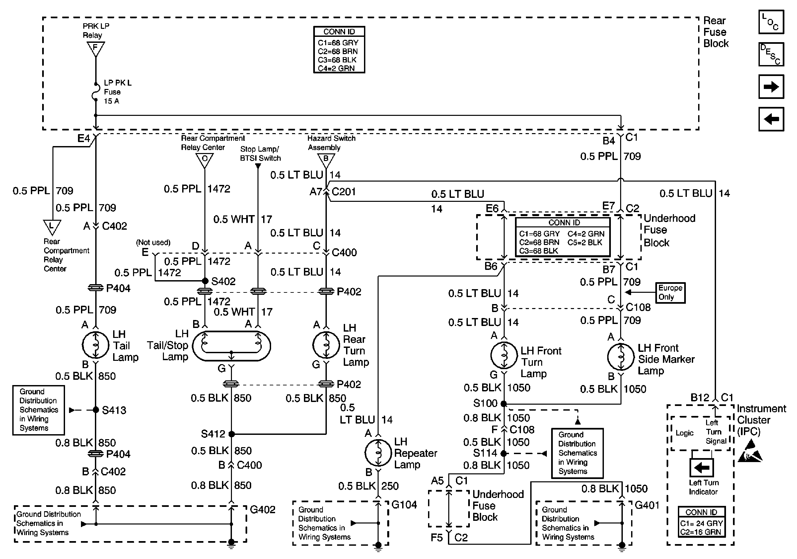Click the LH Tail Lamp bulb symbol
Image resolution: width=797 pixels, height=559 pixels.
(x=96, y=345)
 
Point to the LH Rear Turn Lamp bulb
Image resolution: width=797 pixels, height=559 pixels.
(x=326, y=345)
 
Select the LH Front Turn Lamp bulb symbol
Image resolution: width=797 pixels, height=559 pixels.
(x=504, y=356)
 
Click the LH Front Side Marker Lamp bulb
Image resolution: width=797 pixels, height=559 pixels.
(x=621, y=357)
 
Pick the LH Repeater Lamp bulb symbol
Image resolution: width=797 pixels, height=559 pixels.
(x=378, y=453)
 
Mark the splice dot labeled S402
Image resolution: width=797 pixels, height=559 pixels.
(x=205, y=280)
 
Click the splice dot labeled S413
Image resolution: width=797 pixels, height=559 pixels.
(x=96, y=410)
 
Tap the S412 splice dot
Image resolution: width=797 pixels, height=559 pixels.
(x=232, y=434)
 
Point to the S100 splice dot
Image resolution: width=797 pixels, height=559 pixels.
(x=504, y=403)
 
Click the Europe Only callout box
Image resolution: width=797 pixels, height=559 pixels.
(x=670, y=292)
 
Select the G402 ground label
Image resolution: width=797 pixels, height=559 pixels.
(x=262, y=509)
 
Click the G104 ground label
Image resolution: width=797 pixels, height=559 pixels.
(x=404, y=505)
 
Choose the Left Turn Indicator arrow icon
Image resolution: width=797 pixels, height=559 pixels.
(x=701, y=468)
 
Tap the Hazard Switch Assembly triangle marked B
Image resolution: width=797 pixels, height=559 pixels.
(x=326, y=160)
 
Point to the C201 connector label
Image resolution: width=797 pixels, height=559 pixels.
(x=344, y=192)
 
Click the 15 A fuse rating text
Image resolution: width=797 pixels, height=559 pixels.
(x=111, y=101)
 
